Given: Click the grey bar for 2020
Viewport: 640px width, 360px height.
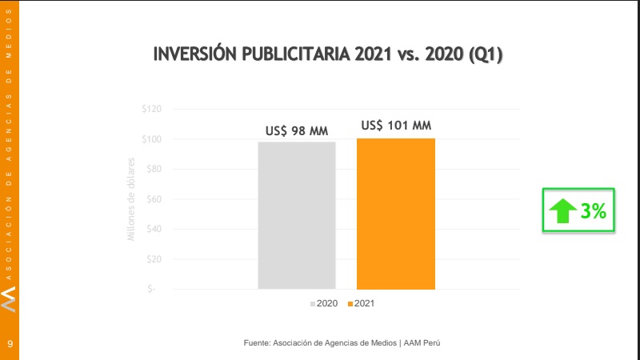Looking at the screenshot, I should click(x=297, y=214).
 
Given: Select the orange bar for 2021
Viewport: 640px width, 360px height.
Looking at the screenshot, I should click(x=396, y=214).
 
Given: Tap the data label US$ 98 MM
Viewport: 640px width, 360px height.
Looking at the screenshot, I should click(x=297, y=130).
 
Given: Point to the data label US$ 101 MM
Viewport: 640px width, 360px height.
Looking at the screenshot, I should click(x=396, y=125).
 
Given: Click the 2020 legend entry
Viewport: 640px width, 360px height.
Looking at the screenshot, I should click(x=323, y=304).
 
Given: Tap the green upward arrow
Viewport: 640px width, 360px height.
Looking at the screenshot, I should click(x=562, y=211).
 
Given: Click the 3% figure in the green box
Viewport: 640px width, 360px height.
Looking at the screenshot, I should click(x=594, y=211).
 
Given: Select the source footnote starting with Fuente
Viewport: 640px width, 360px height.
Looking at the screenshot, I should click(x=342, y=342).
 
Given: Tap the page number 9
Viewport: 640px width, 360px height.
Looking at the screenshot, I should click(x=10, y=343).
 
